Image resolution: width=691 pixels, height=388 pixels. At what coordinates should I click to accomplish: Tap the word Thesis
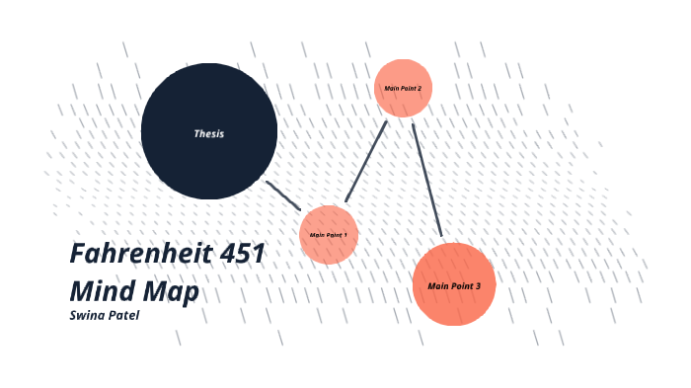click(x=208, y=133)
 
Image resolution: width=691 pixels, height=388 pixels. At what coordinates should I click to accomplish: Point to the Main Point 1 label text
click(x=328, y=235)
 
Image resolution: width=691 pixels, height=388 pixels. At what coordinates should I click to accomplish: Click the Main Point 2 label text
click(x=403, y=89)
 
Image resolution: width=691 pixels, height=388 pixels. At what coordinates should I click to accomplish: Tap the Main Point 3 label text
click(x=453, y=286)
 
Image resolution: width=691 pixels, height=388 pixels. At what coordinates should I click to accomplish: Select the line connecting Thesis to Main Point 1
click(x=283, y=194)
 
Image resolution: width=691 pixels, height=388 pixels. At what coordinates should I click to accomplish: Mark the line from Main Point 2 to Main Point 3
click(x=426, y=180)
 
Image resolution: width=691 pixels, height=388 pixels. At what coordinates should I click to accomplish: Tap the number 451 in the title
click(x=241, y=254)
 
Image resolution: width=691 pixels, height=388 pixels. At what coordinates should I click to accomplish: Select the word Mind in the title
click(x=101, y=293)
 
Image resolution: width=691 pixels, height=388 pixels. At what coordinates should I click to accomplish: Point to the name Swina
click(x=87, y=315)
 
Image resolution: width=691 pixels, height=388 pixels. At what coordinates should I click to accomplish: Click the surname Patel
click(x=123, y=315)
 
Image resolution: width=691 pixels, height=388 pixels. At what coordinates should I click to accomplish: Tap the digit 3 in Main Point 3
click(x=478, y=286)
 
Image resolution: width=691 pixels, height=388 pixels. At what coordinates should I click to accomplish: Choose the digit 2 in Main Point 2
click(x=420, y=89)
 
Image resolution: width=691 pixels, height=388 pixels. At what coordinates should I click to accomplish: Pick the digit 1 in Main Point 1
click(x=345, y=235)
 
